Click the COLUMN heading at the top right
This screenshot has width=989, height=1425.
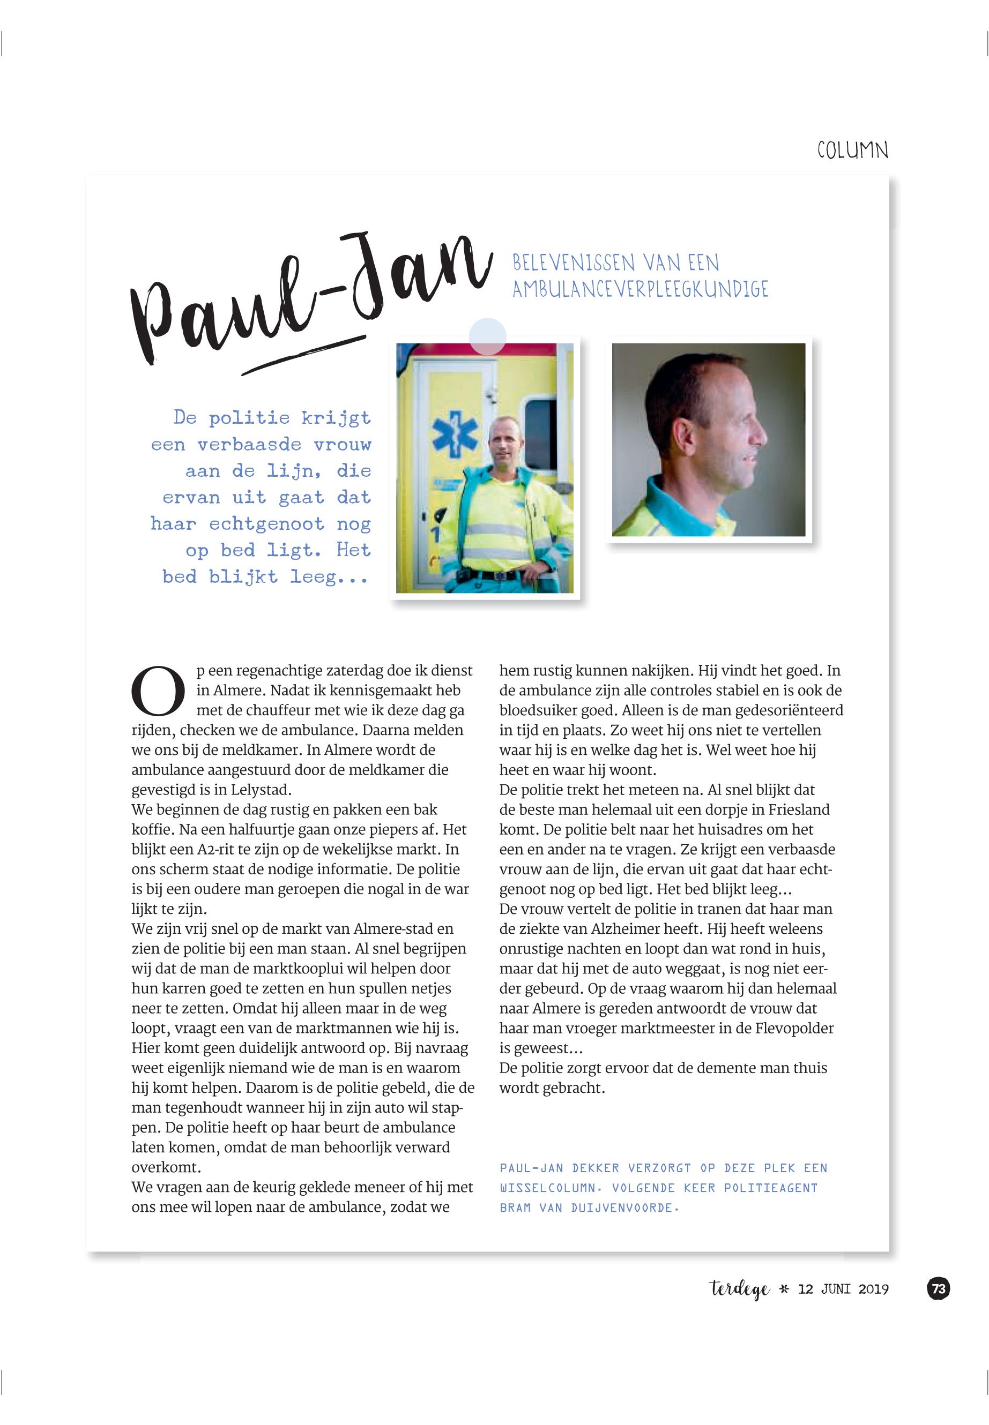[852, 151]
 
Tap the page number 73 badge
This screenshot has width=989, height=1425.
[939, 1289]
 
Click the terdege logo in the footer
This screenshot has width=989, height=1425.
[739, 1289]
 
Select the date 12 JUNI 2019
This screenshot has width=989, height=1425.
[843, 1289]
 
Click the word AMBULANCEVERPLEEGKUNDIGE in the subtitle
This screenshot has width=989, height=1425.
[639, 289]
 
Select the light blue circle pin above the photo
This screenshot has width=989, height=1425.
[487, 336]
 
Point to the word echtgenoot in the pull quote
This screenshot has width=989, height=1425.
[266, 524]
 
